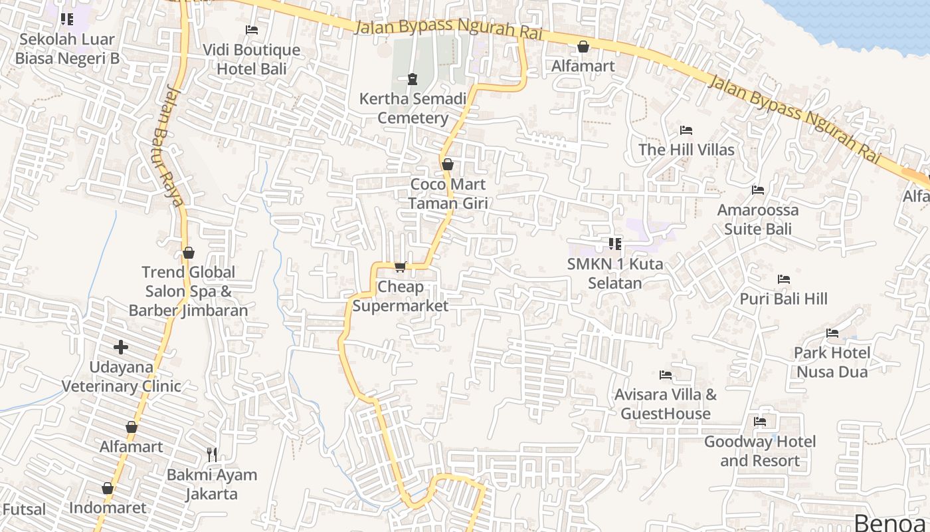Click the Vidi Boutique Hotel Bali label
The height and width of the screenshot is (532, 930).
(x=252, y=59)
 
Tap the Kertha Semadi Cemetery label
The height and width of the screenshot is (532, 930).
(x=413, y=108)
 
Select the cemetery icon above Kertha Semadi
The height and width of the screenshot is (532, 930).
(x=413, y=79)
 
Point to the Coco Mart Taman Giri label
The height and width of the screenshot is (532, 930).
(x=448, y=194)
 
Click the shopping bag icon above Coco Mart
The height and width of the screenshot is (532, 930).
(x=448, y=164)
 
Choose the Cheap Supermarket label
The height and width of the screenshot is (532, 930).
(x=401, y=296)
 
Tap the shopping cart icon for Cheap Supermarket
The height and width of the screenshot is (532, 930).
(x=400, y=267)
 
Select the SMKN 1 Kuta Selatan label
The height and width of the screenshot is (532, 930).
(x=615, y=273)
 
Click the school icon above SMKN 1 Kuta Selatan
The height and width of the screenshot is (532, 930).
(x=615, y=244)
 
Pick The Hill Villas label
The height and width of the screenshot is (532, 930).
(x=686, y=150)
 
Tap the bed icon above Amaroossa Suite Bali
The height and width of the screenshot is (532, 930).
(x=758, y=190)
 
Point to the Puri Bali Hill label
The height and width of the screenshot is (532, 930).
(x=784, y=299)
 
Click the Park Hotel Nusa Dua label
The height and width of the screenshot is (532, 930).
(x=832, y=362)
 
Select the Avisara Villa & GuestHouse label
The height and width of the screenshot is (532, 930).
(x=666, y=404)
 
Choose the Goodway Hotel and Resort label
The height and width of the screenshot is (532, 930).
(x=760, y=451)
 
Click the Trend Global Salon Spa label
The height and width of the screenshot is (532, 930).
(x=189, y=291)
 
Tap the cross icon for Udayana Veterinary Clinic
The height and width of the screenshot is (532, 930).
(x=121, y=347)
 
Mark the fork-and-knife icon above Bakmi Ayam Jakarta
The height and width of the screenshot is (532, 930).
(x=212, y=455)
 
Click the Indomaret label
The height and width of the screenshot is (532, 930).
(x=108, y=508)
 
